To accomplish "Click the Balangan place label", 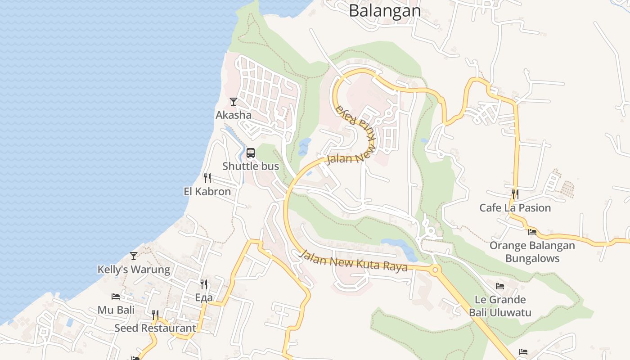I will click(x=385, y=10).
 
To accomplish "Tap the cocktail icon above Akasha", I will click(x=233, y=102).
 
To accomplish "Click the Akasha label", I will click(x=234, y=115).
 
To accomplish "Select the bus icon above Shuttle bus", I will click(x=251, y=153).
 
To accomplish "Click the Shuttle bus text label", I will click(x=251, y=166).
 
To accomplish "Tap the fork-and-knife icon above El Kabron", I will click(x=207, y=178).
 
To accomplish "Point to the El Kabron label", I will click(x=207, y=191).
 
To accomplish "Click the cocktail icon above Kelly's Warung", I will click(x=133, y=256).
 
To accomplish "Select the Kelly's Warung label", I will click(x=134, y=270).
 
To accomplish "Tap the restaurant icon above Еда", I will click(x=204, y=284).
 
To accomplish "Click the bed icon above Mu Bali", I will click(x=116, y=297).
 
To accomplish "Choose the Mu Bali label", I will click(x=116, y=310).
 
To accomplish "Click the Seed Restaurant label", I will click(x=155, y=328).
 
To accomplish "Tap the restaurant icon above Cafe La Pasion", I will click(x=515, y=194).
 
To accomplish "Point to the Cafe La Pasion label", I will click(x=515, y=207).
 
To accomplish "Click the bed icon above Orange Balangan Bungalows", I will click(x=532, y=232).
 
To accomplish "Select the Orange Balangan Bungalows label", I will click(x=532, y=252).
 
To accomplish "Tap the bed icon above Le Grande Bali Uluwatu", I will click(x=500, y=286).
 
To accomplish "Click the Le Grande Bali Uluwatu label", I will click(x=500, y=306).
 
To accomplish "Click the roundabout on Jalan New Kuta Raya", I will click(x=435, y=270).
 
